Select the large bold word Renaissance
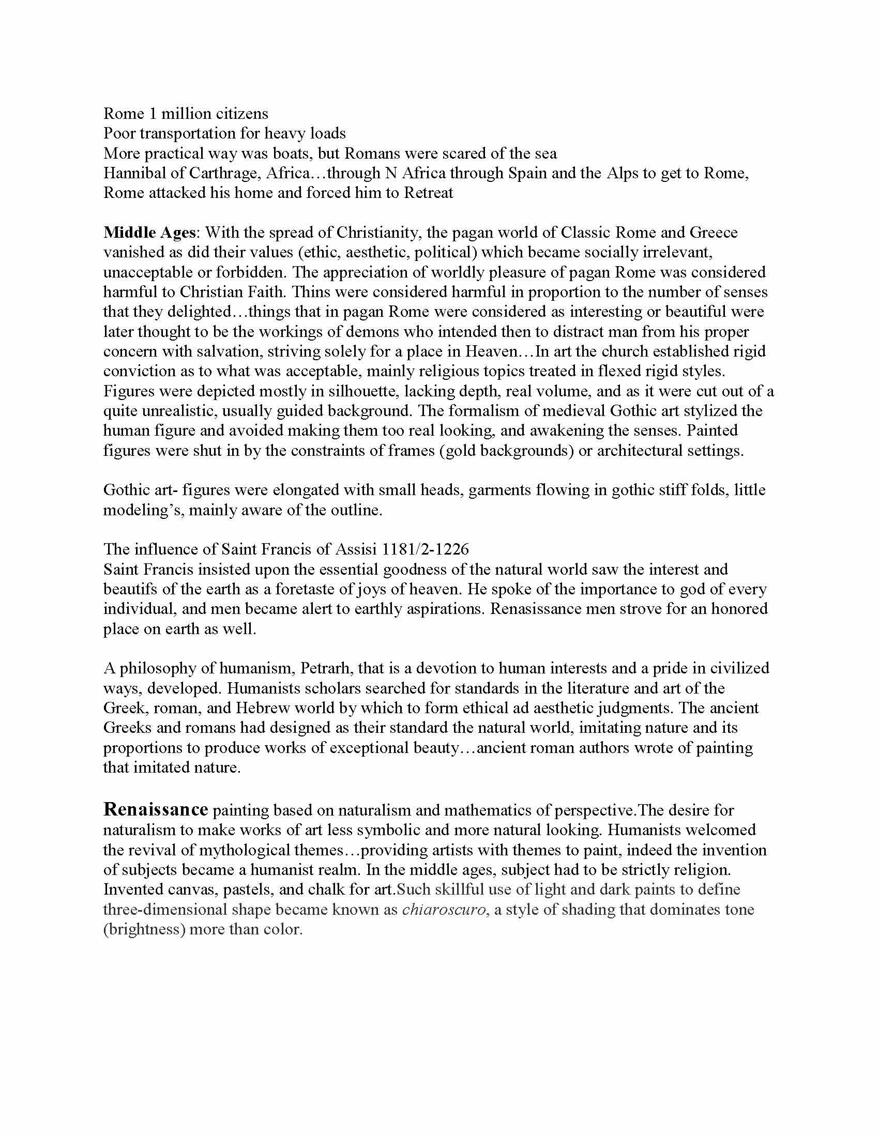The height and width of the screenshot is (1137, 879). click(x=156, y=809)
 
